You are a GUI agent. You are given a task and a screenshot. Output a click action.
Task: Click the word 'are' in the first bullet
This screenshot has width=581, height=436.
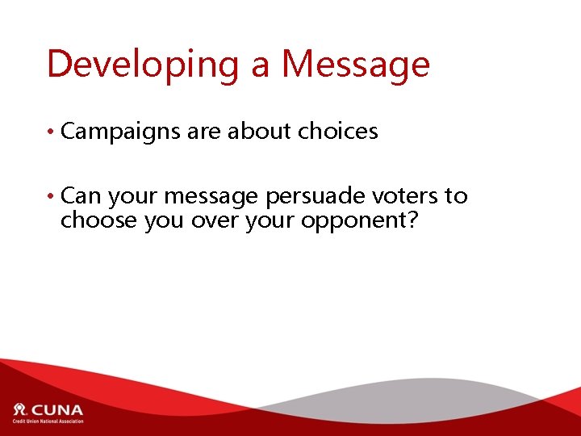[x=203, y=132]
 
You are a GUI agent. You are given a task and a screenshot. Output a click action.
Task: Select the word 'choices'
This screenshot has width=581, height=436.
[x=338, y=132]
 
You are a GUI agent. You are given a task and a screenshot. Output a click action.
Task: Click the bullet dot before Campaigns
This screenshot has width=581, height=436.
[x=52, y=132]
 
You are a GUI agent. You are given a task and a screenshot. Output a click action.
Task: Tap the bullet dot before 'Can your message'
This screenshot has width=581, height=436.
[x=52, y=197]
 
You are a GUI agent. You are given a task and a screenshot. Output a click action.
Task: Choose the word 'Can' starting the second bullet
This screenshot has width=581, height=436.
[x=81, y=196]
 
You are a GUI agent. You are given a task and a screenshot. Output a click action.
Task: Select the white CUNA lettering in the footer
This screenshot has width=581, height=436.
[x=56, y=409]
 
